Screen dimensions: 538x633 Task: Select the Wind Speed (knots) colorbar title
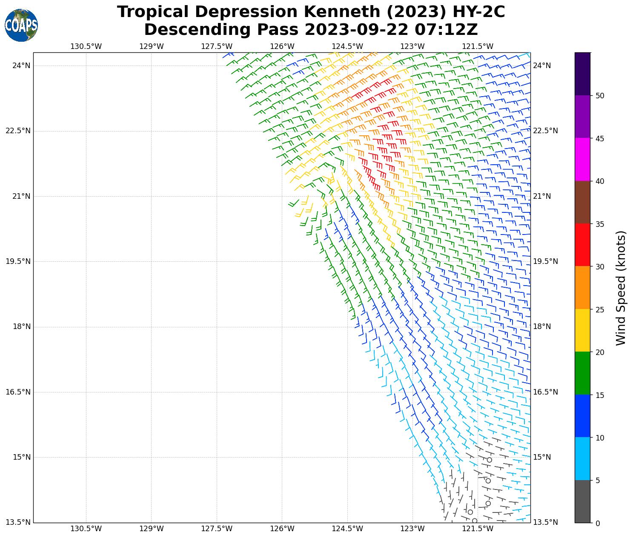621,288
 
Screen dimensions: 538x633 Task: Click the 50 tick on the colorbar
600,96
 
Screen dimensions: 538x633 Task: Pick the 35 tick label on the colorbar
600,224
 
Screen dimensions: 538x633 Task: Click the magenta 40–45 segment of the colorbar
582,159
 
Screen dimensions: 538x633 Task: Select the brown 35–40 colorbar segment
582,202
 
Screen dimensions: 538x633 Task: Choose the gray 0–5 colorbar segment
582,501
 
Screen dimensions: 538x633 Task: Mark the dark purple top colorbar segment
582,74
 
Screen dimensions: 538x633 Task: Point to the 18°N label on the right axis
542,327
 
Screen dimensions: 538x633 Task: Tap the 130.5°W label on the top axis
86,46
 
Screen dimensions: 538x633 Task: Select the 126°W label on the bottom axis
282,529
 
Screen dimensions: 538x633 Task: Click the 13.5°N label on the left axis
18,523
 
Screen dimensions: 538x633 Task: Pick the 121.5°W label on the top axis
478,46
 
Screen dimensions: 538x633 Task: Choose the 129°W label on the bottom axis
151,529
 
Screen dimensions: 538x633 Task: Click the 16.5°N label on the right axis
545,392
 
